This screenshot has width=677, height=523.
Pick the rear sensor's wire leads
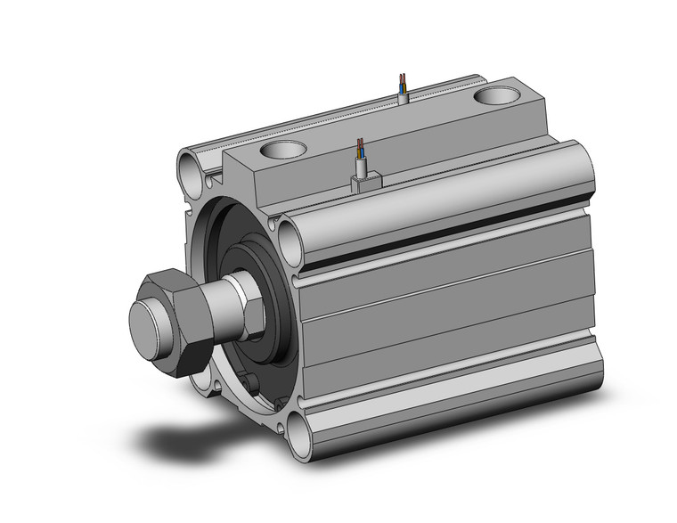tap(404, 83)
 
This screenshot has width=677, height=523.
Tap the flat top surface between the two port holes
tap(392, 120)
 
